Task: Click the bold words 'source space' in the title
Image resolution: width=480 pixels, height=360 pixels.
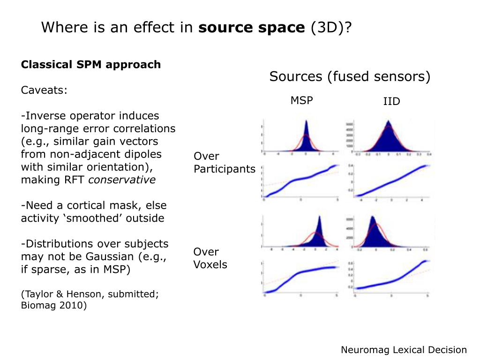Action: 251,28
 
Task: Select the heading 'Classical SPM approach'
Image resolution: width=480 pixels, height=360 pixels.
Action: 91,65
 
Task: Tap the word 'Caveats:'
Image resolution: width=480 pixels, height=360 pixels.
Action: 44,90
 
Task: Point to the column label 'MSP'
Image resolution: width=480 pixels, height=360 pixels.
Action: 301,100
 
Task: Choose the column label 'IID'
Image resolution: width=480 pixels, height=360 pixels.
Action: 391,101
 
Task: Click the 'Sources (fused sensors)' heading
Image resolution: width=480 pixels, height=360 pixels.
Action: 350,77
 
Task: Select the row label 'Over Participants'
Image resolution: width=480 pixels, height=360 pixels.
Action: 224,163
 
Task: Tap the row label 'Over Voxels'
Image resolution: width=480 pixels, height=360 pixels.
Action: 210,258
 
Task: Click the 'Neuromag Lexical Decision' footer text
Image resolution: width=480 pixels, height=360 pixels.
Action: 404,350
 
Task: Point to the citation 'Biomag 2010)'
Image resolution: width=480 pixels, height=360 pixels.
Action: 54,306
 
